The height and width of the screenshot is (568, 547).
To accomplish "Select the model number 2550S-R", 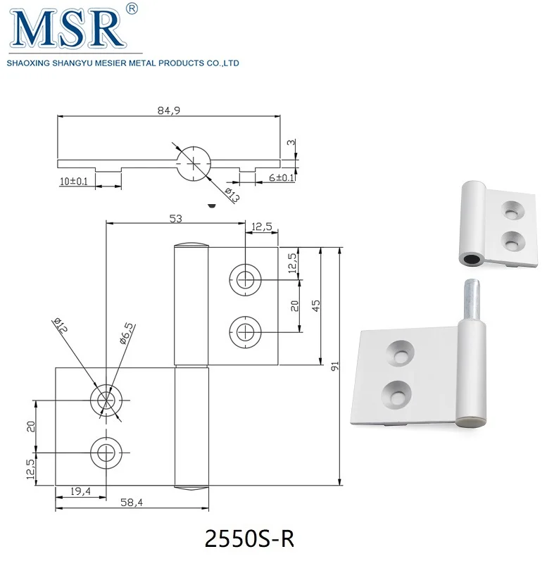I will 247,538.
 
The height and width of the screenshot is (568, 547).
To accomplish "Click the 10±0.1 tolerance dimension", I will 74,182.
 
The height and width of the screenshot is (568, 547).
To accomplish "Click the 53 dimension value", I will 175,218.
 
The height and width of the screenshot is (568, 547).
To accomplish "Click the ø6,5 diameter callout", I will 127,332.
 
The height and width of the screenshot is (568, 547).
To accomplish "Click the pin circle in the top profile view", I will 192,163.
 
